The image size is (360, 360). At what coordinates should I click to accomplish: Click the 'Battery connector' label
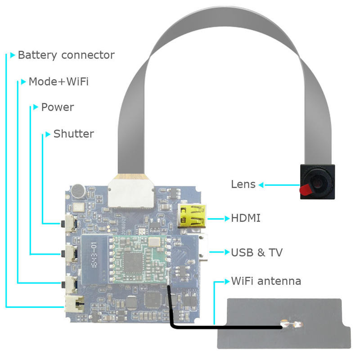[66, 55]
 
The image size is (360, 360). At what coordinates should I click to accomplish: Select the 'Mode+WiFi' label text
[58, 81]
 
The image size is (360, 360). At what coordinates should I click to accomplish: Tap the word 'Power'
[58, 107]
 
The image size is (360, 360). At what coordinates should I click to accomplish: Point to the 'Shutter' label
[74, 134]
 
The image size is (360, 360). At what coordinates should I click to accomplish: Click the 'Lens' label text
[243, 184]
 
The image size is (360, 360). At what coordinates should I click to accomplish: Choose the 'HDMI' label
[246, 218]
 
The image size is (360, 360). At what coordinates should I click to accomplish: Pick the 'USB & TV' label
[256, 252]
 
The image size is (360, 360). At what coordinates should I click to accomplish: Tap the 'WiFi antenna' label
[266, 281]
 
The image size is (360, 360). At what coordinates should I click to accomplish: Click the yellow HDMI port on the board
[192, 216]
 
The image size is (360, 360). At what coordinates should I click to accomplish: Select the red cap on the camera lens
[306, 189]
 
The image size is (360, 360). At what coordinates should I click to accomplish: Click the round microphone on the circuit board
[78, 191]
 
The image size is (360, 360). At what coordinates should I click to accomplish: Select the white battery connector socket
[74, 304]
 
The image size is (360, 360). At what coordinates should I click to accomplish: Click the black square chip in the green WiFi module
[133, 262]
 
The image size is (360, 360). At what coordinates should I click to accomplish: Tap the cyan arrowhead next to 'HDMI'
[227, 219]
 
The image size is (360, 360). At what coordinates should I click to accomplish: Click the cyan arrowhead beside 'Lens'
[261, 185]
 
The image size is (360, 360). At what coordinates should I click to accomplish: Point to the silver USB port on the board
[203, 248]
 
